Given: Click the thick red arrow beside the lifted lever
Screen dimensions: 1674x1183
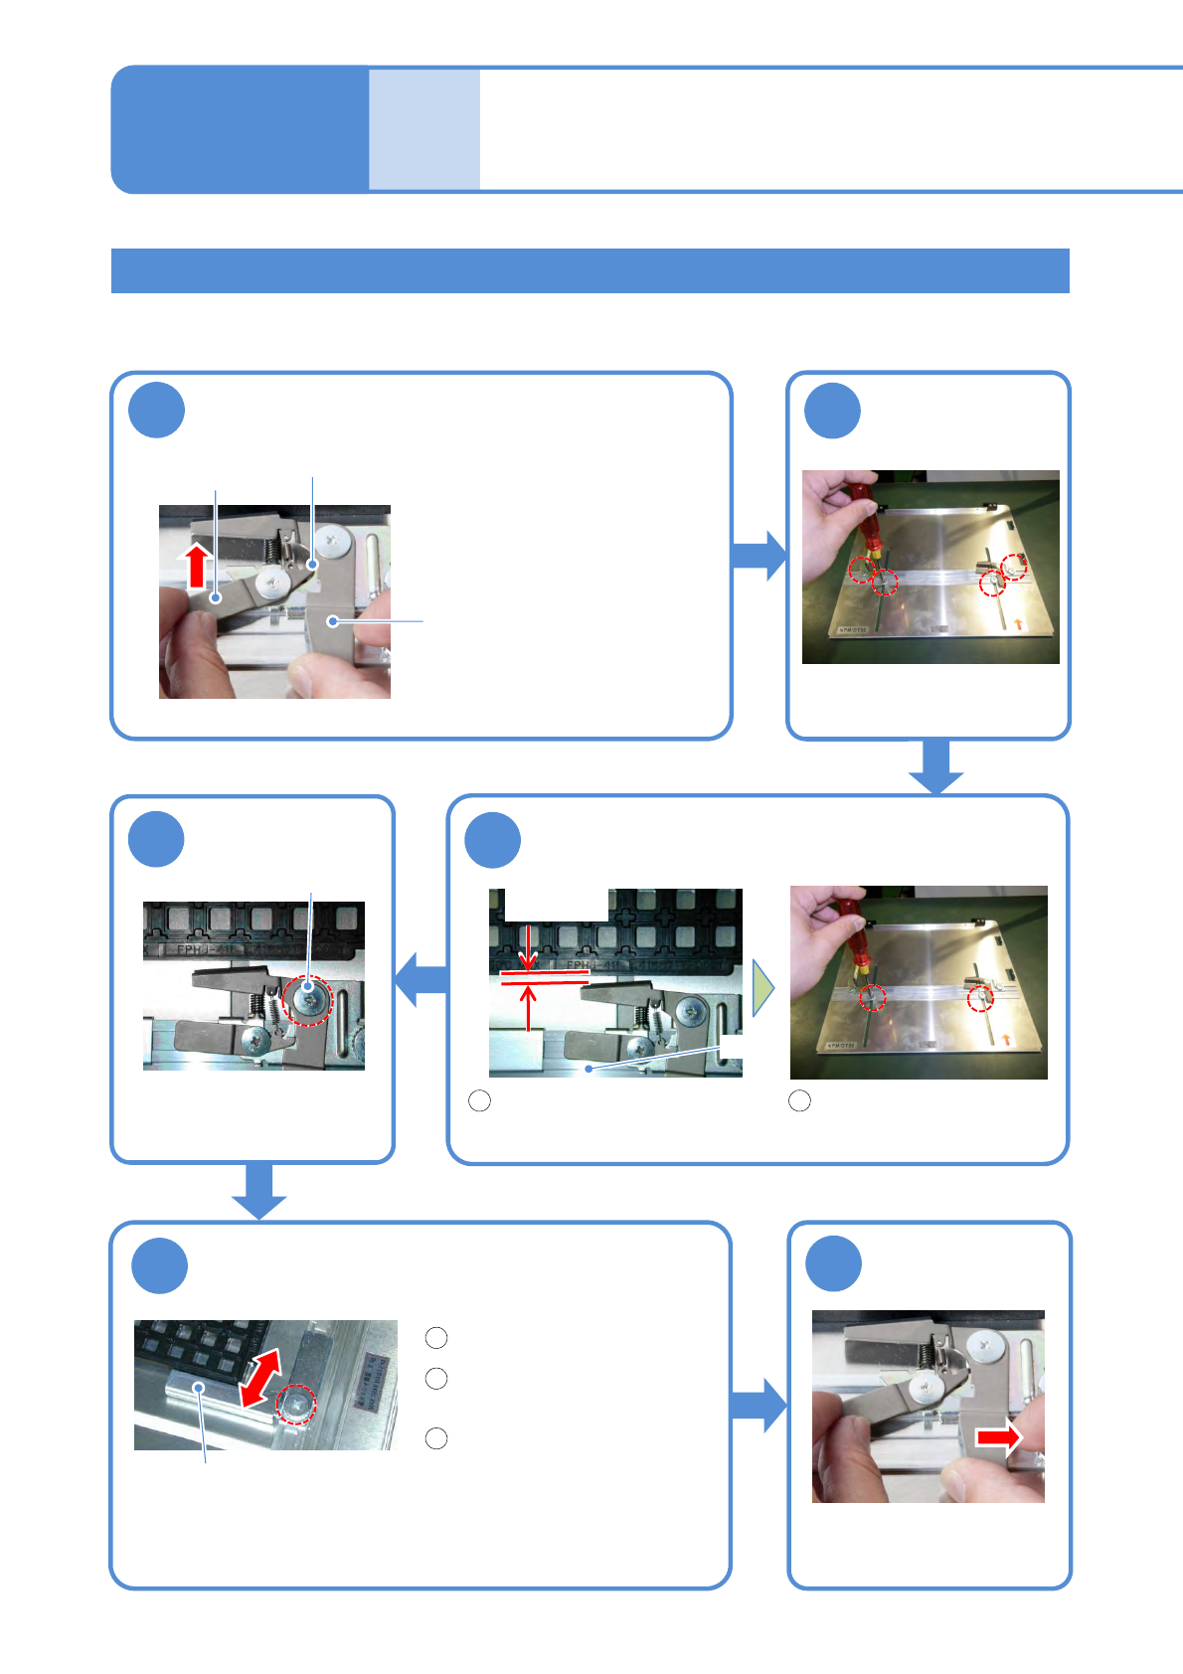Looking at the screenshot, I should tap(197, 566).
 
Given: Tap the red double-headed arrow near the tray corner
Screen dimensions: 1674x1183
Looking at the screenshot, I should tap(260, 1377).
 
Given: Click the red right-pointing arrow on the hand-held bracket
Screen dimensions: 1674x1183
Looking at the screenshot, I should tap(998, 1437).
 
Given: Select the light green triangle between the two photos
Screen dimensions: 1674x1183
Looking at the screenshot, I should tap(762, 988).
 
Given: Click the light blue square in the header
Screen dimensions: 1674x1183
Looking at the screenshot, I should tap(424, 129).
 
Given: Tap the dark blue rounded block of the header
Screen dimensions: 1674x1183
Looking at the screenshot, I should tap(239, 129).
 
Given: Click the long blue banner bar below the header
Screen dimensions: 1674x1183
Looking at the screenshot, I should tap(590, 270).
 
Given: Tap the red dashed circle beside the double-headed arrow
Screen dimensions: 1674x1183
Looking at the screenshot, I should tap(296, 1404).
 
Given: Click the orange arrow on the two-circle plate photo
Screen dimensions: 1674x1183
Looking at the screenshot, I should tap(1009, 1040).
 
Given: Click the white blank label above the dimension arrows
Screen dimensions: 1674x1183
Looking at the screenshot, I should tap(556, 906).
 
